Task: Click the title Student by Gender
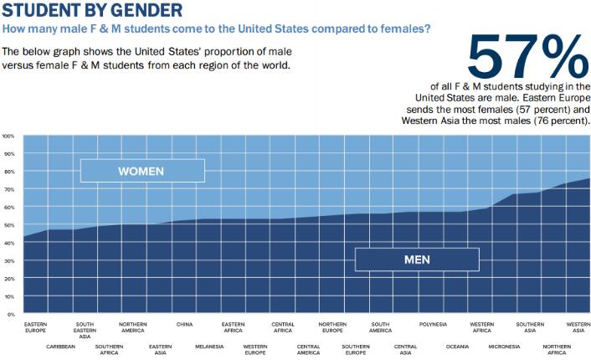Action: point(92,11)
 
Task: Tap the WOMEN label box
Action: point(141,171)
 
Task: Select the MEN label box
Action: point(417,260)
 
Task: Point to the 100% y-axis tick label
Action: point(8,136)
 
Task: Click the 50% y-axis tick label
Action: point(8,225)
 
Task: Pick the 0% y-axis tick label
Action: point(10,314)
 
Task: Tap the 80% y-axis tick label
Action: point(8,172)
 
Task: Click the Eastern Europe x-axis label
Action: point(35,327)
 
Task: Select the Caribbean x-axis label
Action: point(60,346)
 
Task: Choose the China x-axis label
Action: point(184,324)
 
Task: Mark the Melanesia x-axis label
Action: point(208,346)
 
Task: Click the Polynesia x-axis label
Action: point(433,324)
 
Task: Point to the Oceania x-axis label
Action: point(457,346)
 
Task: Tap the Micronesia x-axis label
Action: point(504,346)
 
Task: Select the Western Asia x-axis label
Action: point(578,327)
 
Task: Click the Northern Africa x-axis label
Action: point(556,349)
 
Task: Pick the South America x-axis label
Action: point(381,327)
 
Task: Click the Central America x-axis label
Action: point(308,349)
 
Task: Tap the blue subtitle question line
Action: point(217,29)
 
